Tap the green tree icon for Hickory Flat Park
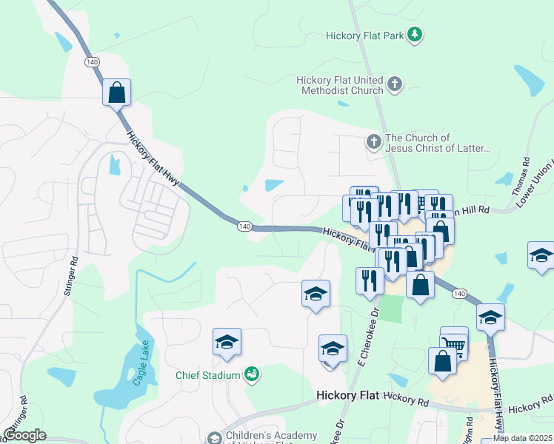(416, 34)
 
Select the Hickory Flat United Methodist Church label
(339, 85)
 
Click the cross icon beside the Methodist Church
(395, 84)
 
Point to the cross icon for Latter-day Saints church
(375, 141)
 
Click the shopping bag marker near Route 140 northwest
(117, 92)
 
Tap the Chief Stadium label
(207, 375)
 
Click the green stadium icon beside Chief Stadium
(252, 374)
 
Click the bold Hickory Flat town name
(347, 396)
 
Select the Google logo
(24, 435)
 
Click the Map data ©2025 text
(522, 438)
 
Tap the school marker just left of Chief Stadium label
(227, 342)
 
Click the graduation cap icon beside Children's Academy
(214, 438)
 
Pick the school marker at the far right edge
(541, 256)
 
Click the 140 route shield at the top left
(91, 61)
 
